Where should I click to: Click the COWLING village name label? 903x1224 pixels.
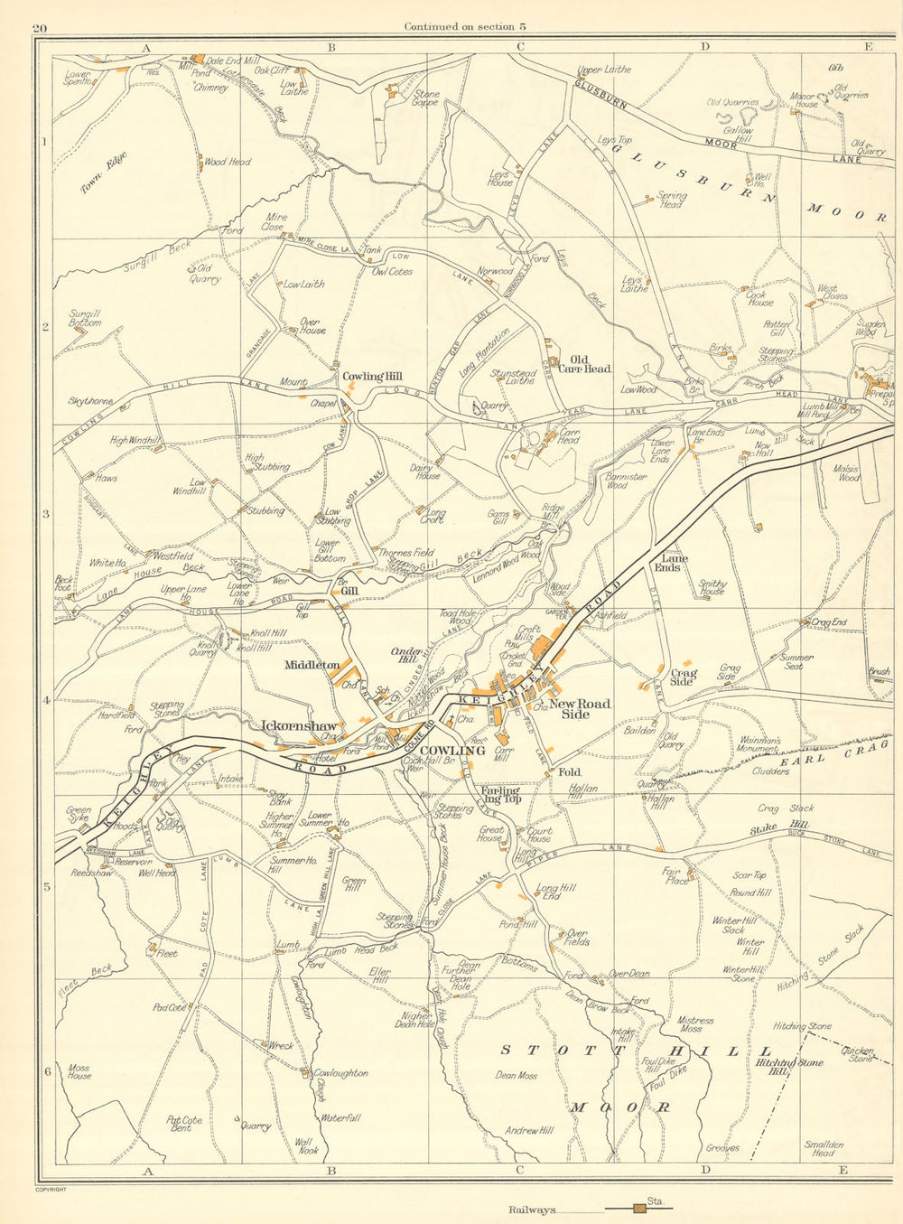pyautogui.click(x=452, y=751)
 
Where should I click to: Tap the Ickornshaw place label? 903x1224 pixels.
pyautogui.click(x=298, y=725)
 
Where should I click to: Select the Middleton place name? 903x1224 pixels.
pyautogui.click(x=312, y=666)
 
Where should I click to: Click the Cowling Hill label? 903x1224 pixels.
pyautogui.click(x=371, y=377)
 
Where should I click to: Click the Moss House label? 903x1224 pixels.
pyautogui.click(x=79, y=1072)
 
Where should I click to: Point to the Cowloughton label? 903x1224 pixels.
pyautogui.click(x=340, y=1073)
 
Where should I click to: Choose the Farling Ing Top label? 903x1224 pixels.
pyautogui.click(x=500, y=795)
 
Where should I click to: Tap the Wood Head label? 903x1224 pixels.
pyautogui.click(x=228, y=162)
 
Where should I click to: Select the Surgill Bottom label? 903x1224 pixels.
pyautogui.click(x=85, y=317)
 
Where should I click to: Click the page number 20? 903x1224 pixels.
pyautogui.click(x=39, y=28)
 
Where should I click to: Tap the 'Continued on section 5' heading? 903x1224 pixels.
pyautogui.click(x=465, y=26)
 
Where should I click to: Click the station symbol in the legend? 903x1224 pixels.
pyautogui.click(x=640, y=1208)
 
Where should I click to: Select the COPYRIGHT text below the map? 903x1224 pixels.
pyautogui.click(x=50, y=1190)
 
